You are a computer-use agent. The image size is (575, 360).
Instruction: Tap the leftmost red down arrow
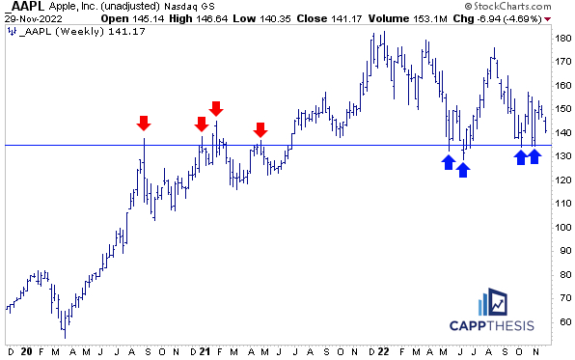pos(144,123)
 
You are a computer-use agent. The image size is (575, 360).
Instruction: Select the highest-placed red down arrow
pos(216,108)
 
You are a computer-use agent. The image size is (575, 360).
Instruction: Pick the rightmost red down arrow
pos(260,130)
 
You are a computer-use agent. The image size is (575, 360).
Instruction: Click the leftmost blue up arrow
pos(449,162)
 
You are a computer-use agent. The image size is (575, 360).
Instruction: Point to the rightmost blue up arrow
pos(534,156)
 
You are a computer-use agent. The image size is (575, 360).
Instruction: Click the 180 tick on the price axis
pos(561,38)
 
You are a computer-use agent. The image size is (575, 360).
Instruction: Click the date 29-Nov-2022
pos(30,19)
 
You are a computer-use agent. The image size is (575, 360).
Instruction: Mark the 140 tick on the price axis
pos(561,132)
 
